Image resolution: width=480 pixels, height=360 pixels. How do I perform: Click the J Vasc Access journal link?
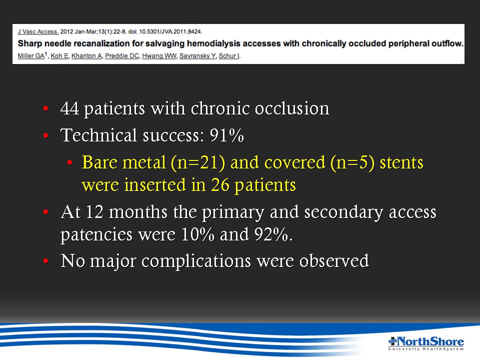[x=38, y=31]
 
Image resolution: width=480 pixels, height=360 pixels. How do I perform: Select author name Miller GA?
[x=31, y=55]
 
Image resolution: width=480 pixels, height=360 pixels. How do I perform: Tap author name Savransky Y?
[x=197, y=55]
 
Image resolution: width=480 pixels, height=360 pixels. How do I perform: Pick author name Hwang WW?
[x=159, y=55]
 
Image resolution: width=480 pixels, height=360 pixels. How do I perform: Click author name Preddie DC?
[x=122, y=55]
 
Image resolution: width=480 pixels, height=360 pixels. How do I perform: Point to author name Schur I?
[x=229, y=55]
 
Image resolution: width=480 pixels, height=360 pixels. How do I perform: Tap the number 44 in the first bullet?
[x=70, y=108]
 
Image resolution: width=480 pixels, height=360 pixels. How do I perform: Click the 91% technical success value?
[x=227, y=135]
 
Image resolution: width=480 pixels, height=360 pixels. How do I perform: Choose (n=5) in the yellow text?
[x=352, y=162]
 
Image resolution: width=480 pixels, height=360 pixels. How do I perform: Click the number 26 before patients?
[x=220, y=185]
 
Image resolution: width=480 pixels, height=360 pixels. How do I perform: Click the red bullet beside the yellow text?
[x=70, y=162]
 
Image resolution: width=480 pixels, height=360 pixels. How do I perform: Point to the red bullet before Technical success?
[x=46, y=135]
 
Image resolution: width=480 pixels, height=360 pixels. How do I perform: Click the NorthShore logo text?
[x=426, y=341]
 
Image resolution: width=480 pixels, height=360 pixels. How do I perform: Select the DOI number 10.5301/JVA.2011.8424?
[x=170, y=31]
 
